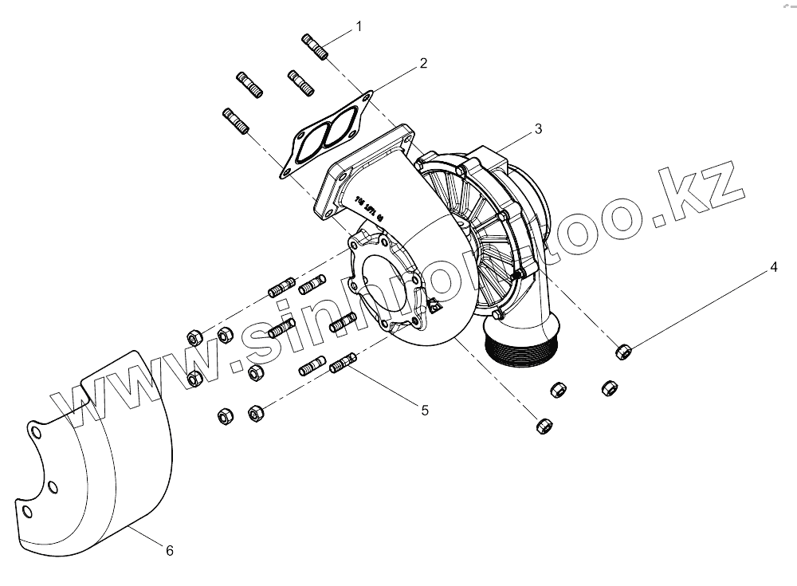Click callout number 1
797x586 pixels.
(x=359, y=26)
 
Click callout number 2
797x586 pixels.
(x=423, y=63)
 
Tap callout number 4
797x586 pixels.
(x=772, y=268)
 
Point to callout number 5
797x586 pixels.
(x=425, y=410)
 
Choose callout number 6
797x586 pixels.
(x=169, y=550)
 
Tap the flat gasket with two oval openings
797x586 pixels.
(x=324, y=136)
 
